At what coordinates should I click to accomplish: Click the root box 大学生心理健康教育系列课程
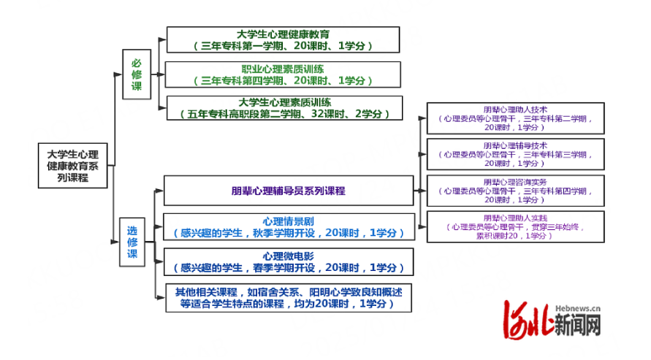coord(72,166)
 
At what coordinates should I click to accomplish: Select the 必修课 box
coord(136,75)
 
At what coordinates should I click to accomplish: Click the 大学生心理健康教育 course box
coord(283,39)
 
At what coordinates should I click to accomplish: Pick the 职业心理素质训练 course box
coord(283,74)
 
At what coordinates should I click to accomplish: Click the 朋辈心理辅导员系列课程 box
coord(288,191)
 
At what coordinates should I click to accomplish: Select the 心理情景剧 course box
coord(288,227)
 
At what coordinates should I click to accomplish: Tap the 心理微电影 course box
coord(288,261)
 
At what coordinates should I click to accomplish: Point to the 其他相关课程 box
coord(288,297)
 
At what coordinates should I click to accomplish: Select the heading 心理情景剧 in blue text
coord(288,221)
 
